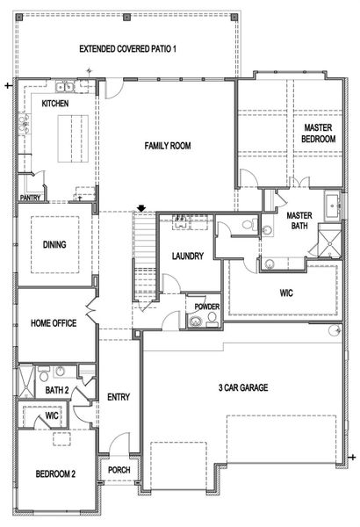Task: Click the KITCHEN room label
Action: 55,105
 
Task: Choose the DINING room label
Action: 54,245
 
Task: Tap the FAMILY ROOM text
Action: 168,146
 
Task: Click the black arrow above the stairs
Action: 140,208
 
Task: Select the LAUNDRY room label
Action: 188,256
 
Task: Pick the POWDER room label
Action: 207,307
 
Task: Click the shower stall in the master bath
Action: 329,240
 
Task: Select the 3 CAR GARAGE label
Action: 243,387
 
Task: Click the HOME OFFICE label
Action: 54,324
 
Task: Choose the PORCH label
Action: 119,470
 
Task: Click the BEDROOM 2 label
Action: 55,474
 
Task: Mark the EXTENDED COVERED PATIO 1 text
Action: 128,49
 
